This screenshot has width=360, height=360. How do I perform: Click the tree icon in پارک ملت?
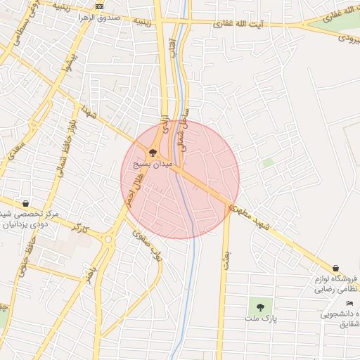point(261,307)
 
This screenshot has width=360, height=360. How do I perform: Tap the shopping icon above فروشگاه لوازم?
point(336,268)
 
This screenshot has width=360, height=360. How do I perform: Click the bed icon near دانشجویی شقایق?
point(349,303)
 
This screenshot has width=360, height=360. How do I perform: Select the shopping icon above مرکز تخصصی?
point(25,203)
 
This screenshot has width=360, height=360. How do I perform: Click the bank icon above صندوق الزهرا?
point(99,6)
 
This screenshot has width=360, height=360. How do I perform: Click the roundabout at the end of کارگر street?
point(108,239)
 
